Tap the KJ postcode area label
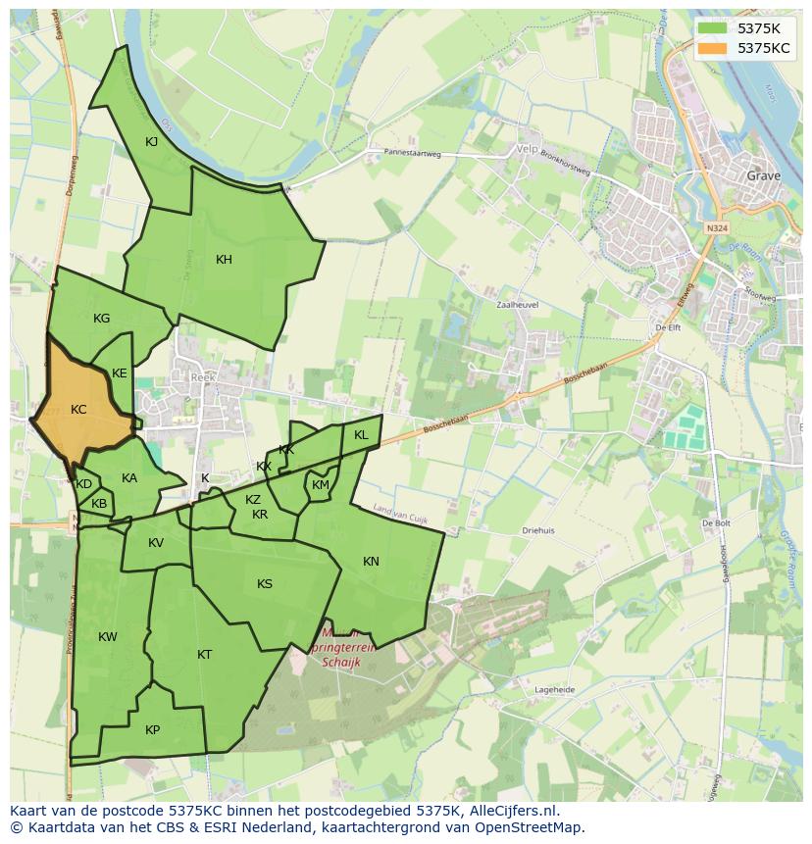(x=152, y=142)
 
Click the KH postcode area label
(x=224, y=260)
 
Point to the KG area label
(x=101, y=319)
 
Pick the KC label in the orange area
(x=78, y=410)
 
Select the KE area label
(x=120, y=373)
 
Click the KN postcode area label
(x=371, y=562)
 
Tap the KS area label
(x=265, y=584)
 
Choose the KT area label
(x=204, y=655)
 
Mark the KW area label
(x=108, y=637)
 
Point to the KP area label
(x=152, y=730)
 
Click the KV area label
(x=156, y=543)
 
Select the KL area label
(x=361, y=435)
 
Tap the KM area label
(x=321, y=485)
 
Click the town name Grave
(x=764, y=176)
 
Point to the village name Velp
(x=527, y=150)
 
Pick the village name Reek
(x=202, y=377)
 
